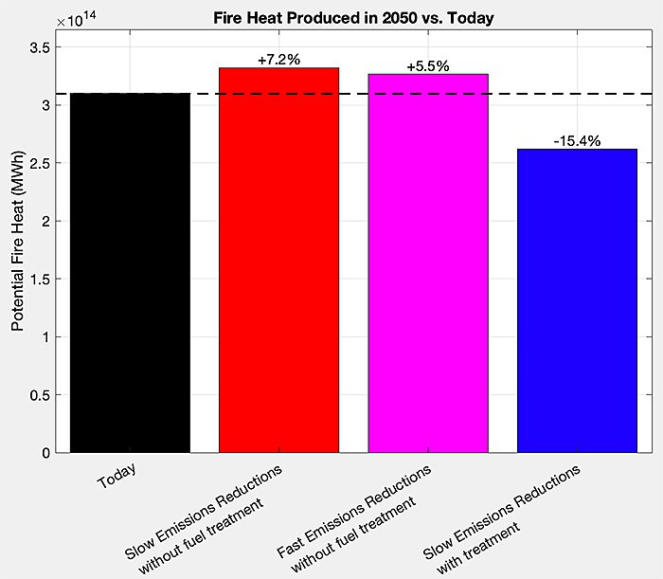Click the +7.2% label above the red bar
tap(278, 60)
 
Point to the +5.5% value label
tap(427, 66)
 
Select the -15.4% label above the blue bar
tap(577, 142)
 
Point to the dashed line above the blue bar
tap(577, 94)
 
